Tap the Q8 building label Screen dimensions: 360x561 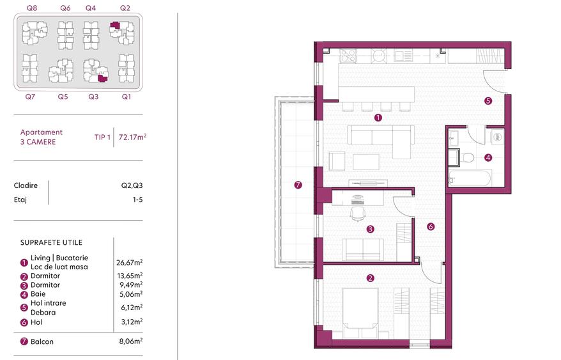pyautogui.click(x=31, y=8)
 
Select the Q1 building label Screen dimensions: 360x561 pyautogui.click(x=126, y=97)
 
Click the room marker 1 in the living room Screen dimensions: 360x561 pyautogui.click(x=378, y=118)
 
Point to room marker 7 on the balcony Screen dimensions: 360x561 pyautogui.click(x=298, y=185)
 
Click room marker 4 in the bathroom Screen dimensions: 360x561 pyautogui.click(x=488, y=157)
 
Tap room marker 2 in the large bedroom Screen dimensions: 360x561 pyautogui.click(x=370, y=278)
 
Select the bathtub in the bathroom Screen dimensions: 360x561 pyautogui.click(x=469, y=178)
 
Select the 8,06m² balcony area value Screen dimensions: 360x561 pyautogui.click(x=130, y=341)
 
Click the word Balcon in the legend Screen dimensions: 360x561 pyautogui.click(x=42, y=341)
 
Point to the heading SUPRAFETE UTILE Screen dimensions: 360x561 pyautogui.click(x=51, y=243)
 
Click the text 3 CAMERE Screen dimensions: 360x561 pyautogui.click(x=38, y=141)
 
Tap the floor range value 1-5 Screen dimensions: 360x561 pyautogui.click(x=136, y=200)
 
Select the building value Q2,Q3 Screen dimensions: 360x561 pyautogui.click(x=132, y=185)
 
